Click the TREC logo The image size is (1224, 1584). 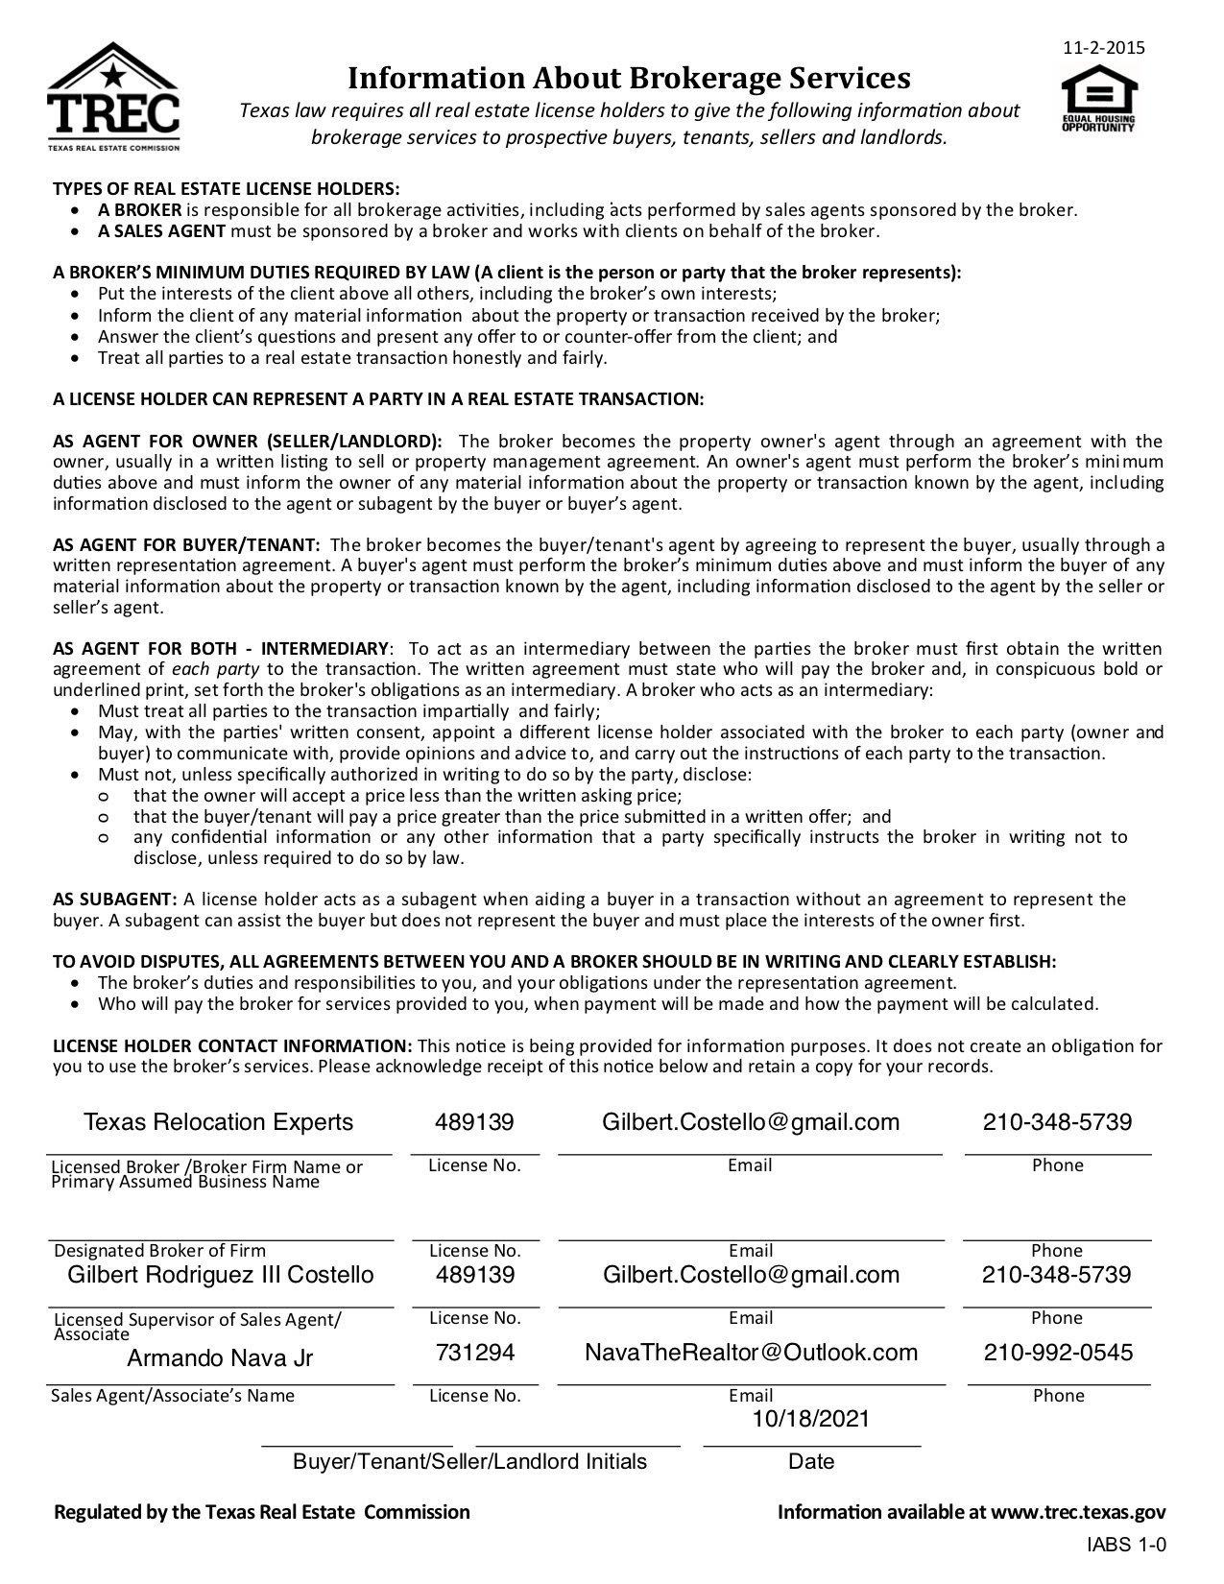[113, 96]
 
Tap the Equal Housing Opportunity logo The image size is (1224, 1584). [1098, 99]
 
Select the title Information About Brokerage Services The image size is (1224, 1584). [628, 77]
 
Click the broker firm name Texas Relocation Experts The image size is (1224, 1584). [218, 1122]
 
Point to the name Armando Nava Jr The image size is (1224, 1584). [220, 1358]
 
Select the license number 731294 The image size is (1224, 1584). [475, 1353]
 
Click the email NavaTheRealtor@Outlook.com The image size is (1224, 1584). [751, 1353]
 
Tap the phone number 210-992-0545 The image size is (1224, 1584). [1058, 1353]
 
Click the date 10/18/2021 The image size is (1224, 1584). [811, 1419]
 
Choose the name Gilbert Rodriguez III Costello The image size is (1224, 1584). [220, 1275]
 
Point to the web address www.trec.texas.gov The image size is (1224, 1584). [1078, 1513]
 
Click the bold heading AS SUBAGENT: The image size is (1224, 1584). [115, 900]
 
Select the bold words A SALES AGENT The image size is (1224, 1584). [161, 231]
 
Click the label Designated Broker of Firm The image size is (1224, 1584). [159, 1251]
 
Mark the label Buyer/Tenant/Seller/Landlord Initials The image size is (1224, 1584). [469, 1462]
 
